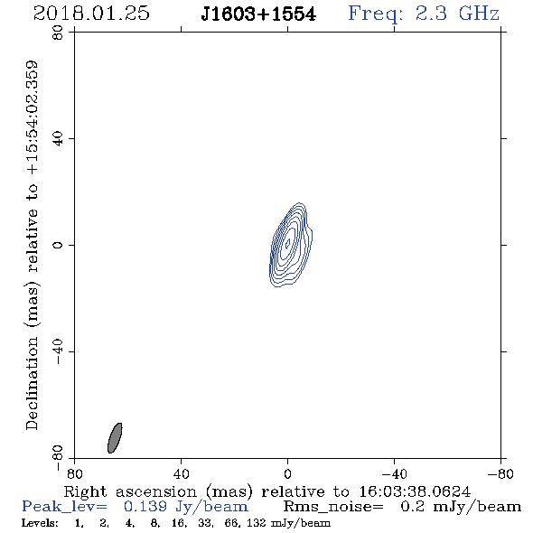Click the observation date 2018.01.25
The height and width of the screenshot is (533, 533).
tap(91, 14)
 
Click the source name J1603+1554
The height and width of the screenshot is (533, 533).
tap(258, 14)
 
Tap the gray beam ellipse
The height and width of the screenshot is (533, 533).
tap(115, 438)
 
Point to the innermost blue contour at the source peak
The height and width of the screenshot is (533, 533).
tap(287, 243)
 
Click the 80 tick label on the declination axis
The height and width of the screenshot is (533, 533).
tap(58, 33)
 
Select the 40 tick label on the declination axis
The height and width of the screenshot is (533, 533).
tap(58, 139)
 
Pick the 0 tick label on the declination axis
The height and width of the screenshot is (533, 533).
tap(58, 245)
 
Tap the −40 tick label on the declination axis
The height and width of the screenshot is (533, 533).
tap(58, 351)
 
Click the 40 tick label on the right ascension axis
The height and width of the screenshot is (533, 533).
tap(181, 473)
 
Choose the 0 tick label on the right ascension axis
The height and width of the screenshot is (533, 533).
tap(287, 473)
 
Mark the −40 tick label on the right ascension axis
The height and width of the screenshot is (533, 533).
tap(394, 473)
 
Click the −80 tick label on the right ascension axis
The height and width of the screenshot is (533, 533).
tap(500, 473)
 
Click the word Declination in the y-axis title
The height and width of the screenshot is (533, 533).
tap(32, 383)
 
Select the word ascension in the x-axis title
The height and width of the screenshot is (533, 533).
tap(156, 491)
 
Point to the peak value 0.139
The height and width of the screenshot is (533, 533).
tap(145, 507)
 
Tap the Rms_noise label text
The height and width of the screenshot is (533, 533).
tap(333, 507)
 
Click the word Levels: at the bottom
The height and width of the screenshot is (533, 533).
tap(40, 523)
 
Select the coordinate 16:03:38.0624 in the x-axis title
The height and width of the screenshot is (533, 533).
tap(415, 491)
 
